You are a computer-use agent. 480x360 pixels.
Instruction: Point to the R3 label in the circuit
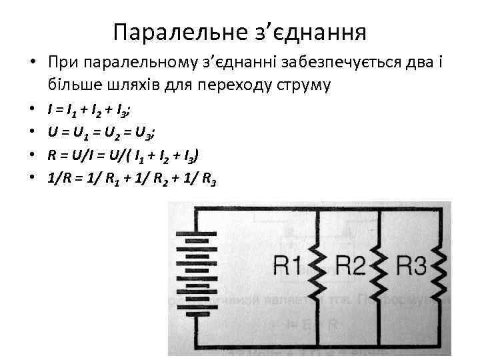point(411,267)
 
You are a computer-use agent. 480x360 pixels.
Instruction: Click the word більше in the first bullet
point(71,86)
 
